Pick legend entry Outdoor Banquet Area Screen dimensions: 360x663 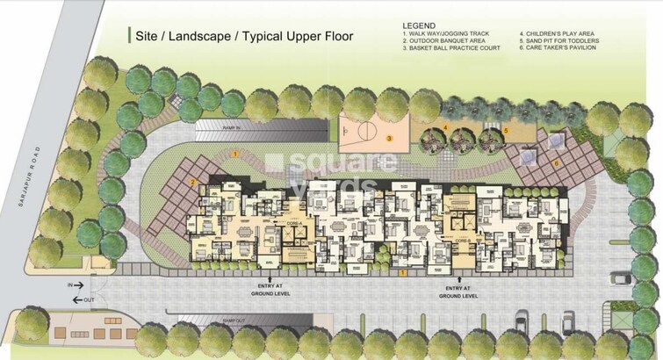(x=440, y=40)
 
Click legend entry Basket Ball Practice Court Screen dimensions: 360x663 (x=450, y=47)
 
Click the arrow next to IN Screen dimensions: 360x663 (x=78, y=285)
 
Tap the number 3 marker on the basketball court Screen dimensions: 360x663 (x=388, y=139)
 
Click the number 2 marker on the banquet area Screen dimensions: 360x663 (x=192, y=182)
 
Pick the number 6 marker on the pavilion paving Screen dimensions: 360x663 (x=556, y=162)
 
